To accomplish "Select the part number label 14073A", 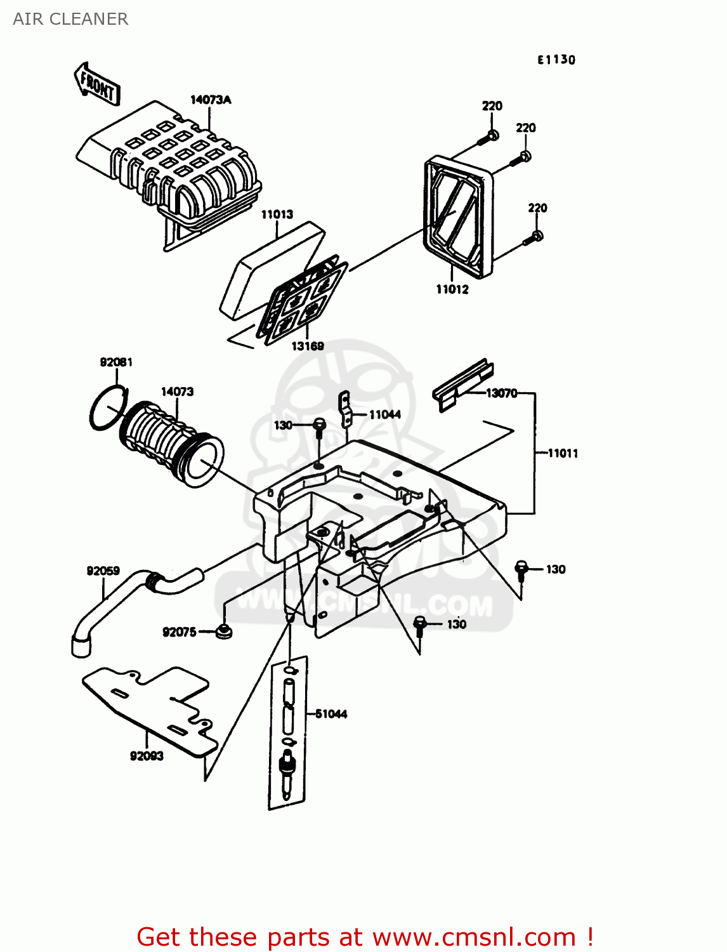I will point(211,100).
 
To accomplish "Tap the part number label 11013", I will point(277,215).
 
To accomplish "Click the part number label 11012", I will point(452,289).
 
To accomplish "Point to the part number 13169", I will point(308,346).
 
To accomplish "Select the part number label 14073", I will point(177,392).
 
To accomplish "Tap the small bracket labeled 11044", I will point(344,409).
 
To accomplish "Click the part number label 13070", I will point(502,393).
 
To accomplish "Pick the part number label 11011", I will point(563,453).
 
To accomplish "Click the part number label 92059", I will point(103,571).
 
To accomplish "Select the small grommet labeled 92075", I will point(223,631).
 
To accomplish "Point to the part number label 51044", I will point(331,714).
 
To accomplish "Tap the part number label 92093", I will point(147,756).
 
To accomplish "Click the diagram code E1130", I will point(556,60).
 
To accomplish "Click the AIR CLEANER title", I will point(70,19).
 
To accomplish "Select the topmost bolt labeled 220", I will point(491,135).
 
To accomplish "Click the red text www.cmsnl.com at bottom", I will point(474,937).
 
